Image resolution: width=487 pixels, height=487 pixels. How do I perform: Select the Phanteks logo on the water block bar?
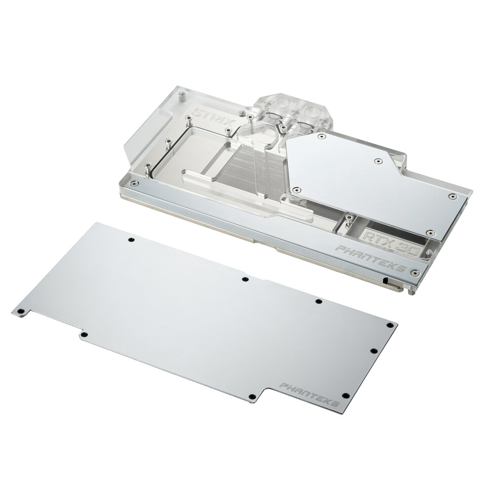(x=372, y=258)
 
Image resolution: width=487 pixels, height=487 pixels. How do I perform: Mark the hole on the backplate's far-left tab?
(x=21, y=311)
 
